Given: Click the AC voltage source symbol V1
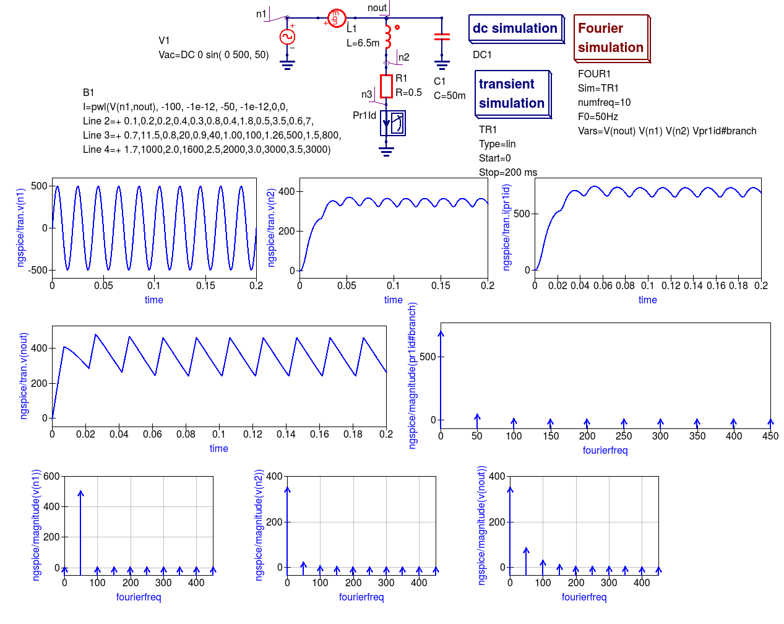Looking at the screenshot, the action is (287, 37).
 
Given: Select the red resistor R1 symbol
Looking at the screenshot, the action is (386, 87).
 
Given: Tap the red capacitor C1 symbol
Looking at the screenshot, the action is (442, 37).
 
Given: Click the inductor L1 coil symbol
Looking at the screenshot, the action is (387, 37).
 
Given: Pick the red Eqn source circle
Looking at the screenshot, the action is (336, 18).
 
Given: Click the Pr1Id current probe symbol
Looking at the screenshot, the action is (392, 123).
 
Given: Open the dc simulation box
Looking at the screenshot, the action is (516, 29).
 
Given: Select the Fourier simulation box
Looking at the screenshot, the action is (612, 38).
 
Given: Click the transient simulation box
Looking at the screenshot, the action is (513, 94).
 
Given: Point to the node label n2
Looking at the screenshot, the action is (403, 57).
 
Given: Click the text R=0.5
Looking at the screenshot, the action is (408, 93).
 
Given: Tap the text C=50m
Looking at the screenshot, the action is (450, 95).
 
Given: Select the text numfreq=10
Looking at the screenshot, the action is (604, 102).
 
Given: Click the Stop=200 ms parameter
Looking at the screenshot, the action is (508, 172).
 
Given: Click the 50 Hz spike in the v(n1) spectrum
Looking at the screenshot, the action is (80, 530).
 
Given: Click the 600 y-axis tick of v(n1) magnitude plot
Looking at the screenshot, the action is (51, 477).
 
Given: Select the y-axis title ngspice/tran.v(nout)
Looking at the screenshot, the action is (24, 376).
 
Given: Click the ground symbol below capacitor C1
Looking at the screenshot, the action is (442, 65).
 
